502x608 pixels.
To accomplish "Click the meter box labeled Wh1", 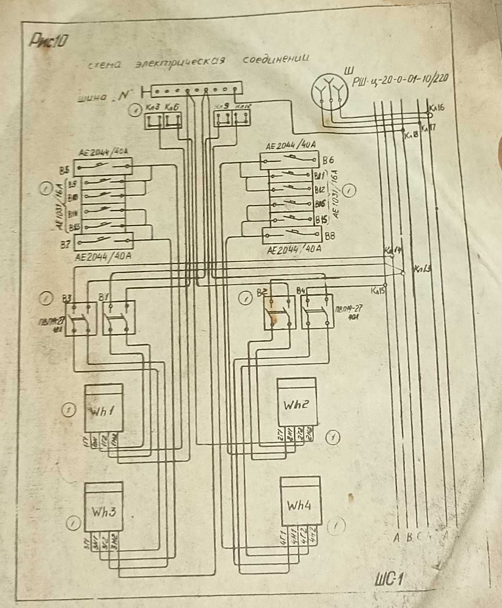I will (x=104, y=408).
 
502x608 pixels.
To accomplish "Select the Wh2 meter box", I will (x=296, y=402).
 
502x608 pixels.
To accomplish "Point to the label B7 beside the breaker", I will (x=65, y=245).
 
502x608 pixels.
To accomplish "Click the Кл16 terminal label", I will (x=437, y=108).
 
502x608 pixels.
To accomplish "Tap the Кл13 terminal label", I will (x=422, y=269).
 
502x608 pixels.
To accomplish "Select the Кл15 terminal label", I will (x=378, y=291).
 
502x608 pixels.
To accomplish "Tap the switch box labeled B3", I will (x=81, y=318).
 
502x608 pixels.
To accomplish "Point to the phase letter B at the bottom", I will (x=409, y=538).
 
